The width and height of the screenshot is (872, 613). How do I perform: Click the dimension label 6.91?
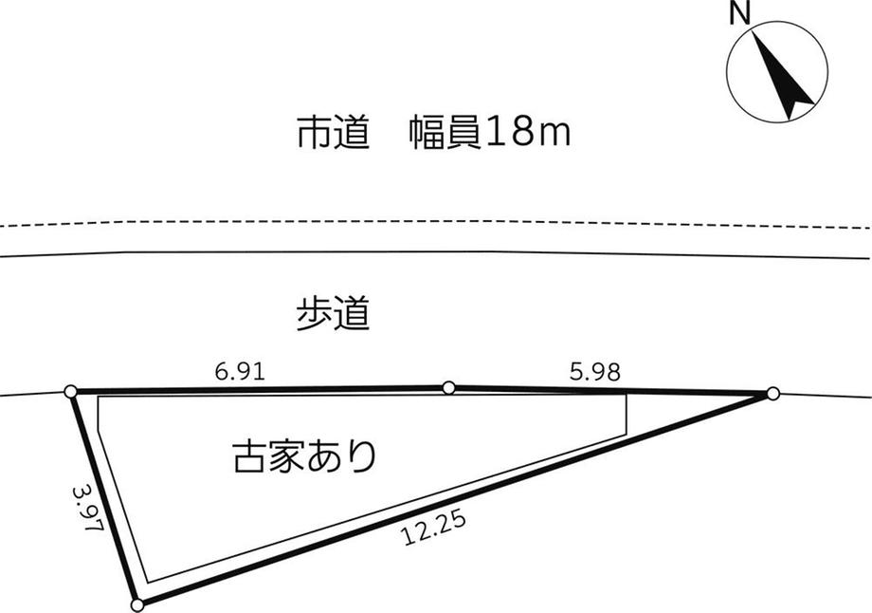tap(240, 371)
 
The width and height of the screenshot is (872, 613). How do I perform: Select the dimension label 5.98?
tap(594, 371)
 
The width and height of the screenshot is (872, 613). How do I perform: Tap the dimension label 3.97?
tap(88, 507)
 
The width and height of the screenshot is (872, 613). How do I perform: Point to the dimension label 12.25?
tap(433, 529)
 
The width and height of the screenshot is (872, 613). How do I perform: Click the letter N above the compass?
tap(739, 13)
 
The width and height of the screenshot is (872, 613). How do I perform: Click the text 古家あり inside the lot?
tap(305, 455)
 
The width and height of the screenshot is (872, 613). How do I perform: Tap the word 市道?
tap(333, 133)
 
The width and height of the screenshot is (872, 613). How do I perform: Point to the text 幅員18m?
tap(490, 133)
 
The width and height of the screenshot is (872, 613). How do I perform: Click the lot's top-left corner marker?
tap(71, 391)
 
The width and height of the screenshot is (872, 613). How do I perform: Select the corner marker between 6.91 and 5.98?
tap(448, 387)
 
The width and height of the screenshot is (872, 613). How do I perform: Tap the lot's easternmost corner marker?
tap(773, 394)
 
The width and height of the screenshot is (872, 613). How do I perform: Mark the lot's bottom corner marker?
tap(137, 604)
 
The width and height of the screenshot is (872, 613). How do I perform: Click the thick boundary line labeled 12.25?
tap(455, 499)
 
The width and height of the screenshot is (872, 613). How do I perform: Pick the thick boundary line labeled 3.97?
tap(104, 498)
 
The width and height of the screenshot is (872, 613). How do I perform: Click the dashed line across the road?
tap(436, 221)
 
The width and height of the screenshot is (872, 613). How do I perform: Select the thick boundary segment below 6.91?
tap(260, 389)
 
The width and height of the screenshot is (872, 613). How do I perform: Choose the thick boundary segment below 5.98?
tap(610, 390)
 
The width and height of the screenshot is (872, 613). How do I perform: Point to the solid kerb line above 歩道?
tap(436, 252)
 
